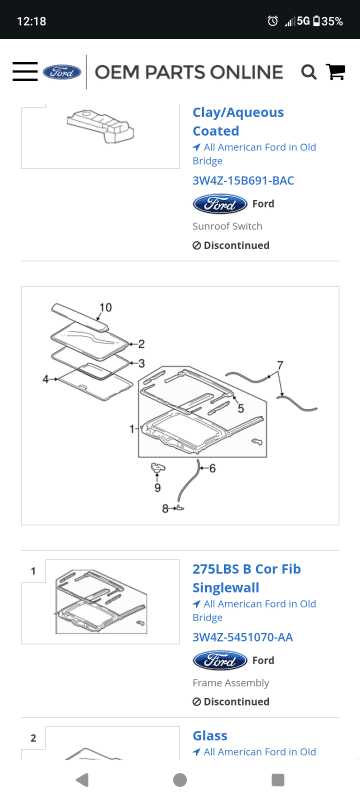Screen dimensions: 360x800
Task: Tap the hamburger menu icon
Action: click(x=25, y=71)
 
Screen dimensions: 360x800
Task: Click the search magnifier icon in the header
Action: click(x=308, y=72)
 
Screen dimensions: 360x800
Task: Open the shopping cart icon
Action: click(x=336, y=71)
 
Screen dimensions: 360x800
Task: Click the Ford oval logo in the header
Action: click(x=62, y=72)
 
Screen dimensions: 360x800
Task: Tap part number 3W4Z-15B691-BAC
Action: click(x=243, y=181)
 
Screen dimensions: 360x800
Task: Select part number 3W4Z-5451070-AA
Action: click(x=243, y=637)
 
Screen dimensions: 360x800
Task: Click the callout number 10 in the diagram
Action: click(x=106, y=308)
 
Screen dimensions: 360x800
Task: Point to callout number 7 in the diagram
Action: click(x=280, y=365)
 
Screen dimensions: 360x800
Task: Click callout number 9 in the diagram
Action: click(x=158, y=488)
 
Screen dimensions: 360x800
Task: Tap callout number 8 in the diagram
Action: click(x=165, y=509)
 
